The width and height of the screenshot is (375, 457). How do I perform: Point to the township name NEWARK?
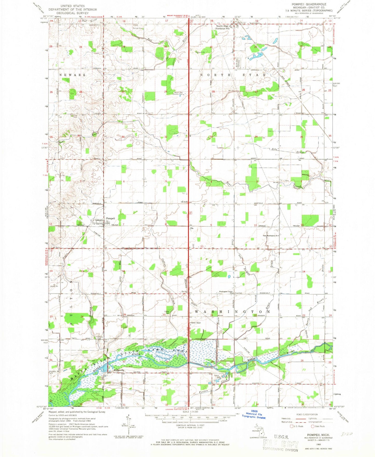pyautogui.click(x=72, y=75)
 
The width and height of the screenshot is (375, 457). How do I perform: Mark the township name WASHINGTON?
pyautogui.click(x=232, y=311)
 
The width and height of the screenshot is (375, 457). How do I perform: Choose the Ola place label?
pyautogui.click(x=192, y=228)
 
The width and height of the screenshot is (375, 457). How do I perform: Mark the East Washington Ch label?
pyautogui.click(x=270, y=236)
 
